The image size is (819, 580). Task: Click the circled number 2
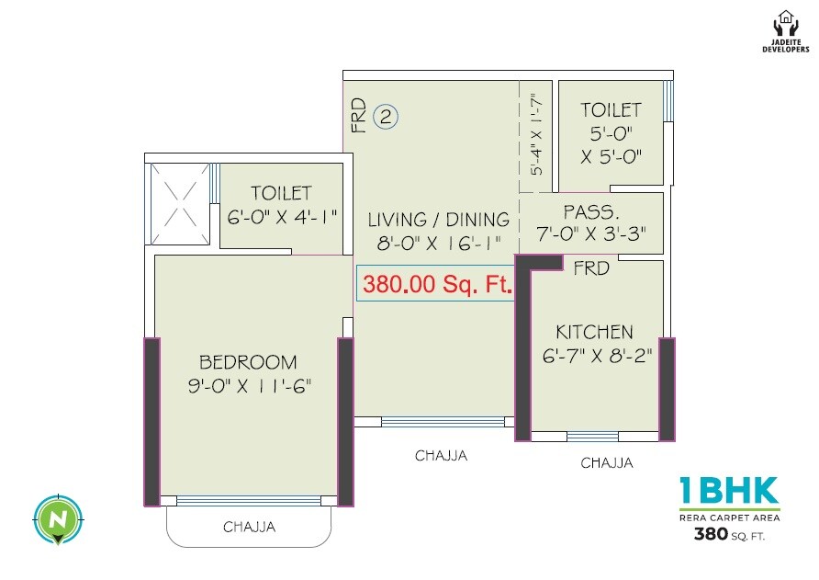386,117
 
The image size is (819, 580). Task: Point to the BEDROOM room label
248,361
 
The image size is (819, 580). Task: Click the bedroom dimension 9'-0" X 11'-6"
248,386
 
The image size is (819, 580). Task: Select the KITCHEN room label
594,332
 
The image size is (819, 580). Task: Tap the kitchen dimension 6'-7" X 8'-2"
597,356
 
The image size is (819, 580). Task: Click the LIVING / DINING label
439,220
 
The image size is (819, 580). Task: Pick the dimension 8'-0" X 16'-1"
438,245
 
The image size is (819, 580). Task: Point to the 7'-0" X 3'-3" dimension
592,235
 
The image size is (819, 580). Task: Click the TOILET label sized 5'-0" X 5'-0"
611,110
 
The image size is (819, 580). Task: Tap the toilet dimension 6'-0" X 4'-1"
283,218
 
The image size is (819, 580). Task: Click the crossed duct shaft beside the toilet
179,203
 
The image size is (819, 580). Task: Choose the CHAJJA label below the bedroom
249,528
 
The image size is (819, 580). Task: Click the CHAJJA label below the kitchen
606,463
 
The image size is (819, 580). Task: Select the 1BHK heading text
729,491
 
